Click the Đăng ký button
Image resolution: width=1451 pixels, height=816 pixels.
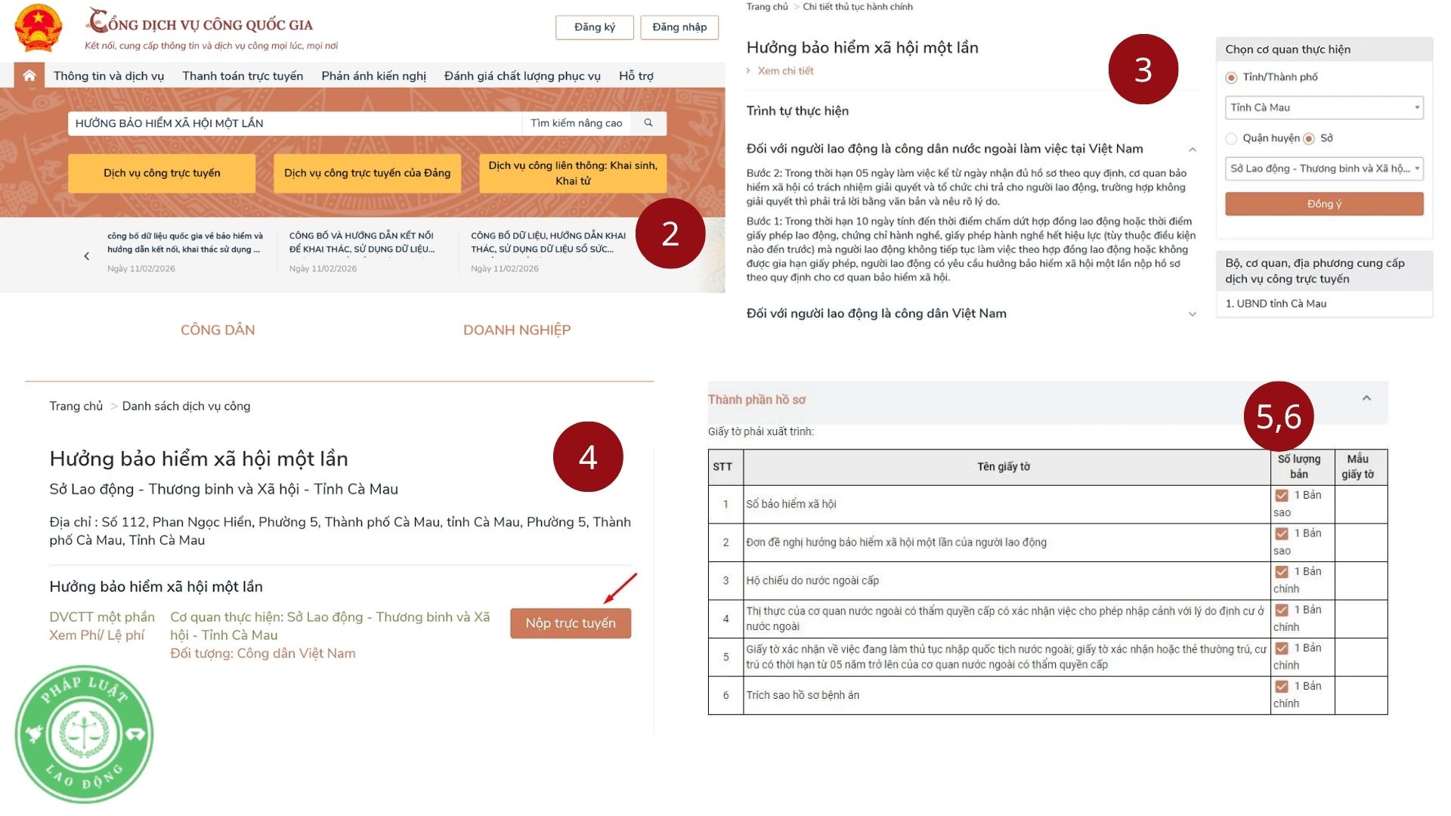[x=595, y=27]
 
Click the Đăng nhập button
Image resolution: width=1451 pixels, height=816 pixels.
[x=679, y=27]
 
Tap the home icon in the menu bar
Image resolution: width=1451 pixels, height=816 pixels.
[x=29, y=76]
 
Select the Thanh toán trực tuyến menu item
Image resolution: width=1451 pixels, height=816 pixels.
[x=243, y=76]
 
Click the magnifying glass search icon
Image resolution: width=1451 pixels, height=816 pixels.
[x=648, y=122]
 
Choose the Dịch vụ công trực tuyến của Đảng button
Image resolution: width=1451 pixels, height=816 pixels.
[x=367, y=173]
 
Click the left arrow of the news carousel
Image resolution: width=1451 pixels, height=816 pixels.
[x=87, y=256]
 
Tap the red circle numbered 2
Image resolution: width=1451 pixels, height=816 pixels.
[x=670, y=233]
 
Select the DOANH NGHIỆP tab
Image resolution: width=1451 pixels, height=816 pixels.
[x=517, y=330]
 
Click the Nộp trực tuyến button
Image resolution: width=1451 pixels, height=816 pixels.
[x=571, y=623]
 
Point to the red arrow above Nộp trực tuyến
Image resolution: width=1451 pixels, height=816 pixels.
[x=620, y=589]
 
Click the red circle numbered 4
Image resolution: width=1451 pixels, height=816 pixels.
[x=588, y=457]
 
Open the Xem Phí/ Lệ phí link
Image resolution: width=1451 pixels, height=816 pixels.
[x=97, y=635]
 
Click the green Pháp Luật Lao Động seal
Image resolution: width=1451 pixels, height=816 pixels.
[x=85, y=734]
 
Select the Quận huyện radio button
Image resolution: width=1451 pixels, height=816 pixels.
[x=1232, y=138]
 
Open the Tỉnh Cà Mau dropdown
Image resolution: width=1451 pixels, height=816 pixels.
[x=1324, y=107]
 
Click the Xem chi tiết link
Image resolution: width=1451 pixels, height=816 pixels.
[x=786, y=71]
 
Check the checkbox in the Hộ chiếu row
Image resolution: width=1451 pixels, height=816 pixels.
[x=1282, y=572]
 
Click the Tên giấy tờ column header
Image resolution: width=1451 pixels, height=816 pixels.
[x=1004, y=467]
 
